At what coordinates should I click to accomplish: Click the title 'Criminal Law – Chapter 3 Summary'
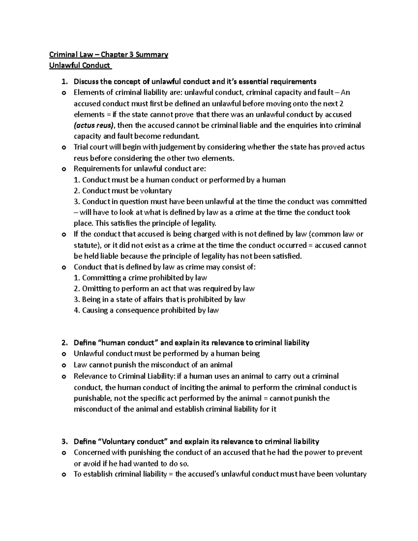coord(108,55)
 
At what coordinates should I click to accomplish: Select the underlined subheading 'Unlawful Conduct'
coord(79,65)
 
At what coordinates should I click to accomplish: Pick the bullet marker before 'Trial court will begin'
coord(63,148)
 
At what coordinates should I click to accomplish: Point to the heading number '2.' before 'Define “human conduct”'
coord(64,343)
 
